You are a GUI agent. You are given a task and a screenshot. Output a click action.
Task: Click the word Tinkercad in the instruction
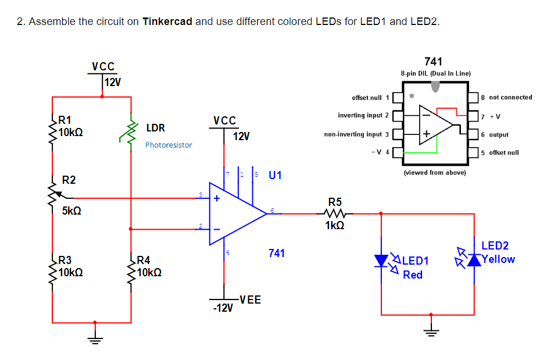click(x=167, y=22)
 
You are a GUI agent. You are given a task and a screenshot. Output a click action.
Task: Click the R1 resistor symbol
click(x=53, y=133)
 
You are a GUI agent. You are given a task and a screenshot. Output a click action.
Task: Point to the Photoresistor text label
click(x=169, y=145)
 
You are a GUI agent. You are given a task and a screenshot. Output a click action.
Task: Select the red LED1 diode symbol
click(x=381, y=260)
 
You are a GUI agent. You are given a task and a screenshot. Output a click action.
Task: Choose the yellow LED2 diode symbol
click(x=476, y=259)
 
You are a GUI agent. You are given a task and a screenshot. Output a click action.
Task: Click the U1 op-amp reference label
click(x=276, y=175)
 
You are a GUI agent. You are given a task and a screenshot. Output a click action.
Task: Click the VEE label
click(x=250, y=300)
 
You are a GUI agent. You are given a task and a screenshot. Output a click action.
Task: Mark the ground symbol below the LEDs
click(x=431, y=332)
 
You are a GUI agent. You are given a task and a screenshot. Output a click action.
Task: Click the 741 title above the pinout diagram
click(x=433, y=62)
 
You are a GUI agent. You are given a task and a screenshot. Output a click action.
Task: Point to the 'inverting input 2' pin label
click(x=363, y=116)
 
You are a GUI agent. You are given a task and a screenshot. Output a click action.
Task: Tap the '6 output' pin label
click(x=495, y=134)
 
